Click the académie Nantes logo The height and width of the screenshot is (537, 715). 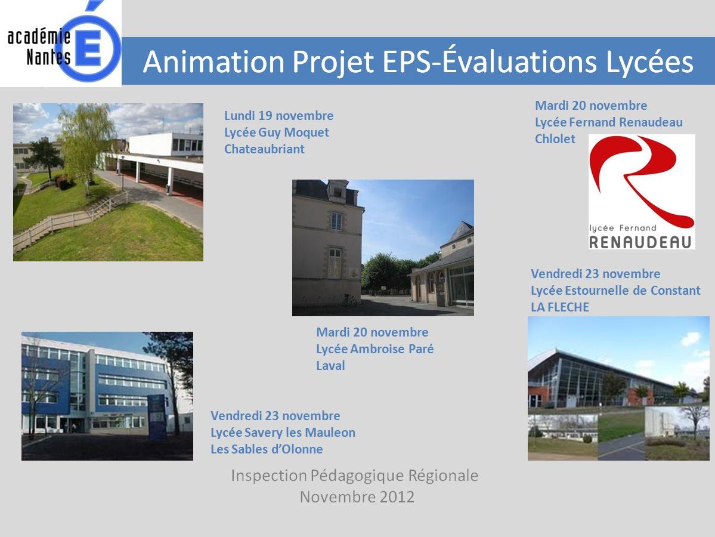(61, 44)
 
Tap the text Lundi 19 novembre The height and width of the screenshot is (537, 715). (278, 115)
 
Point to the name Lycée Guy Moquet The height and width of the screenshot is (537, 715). (276, 132)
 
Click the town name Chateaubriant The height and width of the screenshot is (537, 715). (264, 149)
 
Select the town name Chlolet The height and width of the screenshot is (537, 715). (555, 138)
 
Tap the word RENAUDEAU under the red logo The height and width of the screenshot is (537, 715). (640, 242)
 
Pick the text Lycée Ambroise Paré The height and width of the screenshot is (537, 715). (375, 349)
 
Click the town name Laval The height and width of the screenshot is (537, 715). (330, 365)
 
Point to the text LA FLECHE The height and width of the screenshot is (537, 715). (560, 307)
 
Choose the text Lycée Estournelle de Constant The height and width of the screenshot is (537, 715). (615, 291)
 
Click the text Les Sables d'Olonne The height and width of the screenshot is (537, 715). (267, 449)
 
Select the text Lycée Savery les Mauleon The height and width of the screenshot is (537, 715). (283, 433)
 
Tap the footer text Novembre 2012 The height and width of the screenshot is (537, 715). (357, 496)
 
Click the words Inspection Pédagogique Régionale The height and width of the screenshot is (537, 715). (355, 476)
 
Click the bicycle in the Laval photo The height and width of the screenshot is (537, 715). (349, 300)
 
